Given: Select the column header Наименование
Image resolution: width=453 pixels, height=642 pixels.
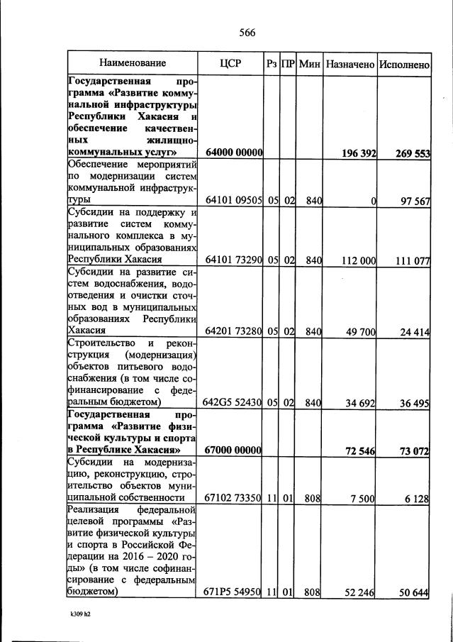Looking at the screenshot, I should (133, 64).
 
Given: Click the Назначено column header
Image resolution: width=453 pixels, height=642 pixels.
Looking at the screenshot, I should (350, 64).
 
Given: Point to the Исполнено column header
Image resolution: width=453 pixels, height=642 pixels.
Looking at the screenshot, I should (404, 64).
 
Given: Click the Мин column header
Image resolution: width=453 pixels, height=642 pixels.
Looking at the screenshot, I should (310, 64).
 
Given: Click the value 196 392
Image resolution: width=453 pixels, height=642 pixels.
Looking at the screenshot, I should (357, 152).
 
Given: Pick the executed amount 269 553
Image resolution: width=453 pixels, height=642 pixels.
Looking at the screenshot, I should (412, 152).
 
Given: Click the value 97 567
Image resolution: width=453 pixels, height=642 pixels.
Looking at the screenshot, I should (415, 201).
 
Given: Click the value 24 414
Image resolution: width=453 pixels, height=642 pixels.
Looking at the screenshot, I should (415, 331).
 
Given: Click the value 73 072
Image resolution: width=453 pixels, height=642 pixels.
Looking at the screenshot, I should (415, 450).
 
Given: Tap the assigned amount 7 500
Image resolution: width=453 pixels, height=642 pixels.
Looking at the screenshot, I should (362, 499).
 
